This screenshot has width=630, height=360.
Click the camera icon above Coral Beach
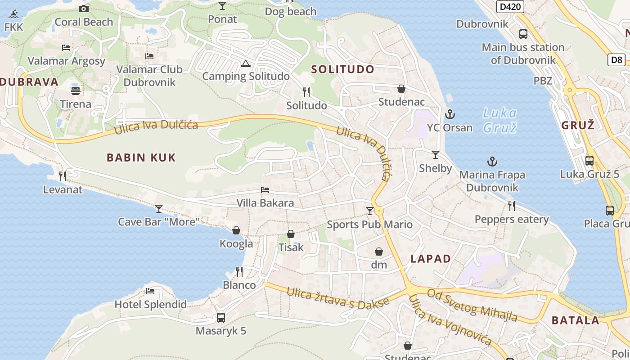(x=84, y=9)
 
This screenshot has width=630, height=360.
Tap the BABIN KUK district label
(x=141, y=157)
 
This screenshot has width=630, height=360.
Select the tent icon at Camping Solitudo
(x=245, y=63)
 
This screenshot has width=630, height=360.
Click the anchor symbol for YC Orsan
(x=450, y=114)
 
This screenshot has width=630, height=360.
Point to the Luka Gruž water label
(x=499, y=120)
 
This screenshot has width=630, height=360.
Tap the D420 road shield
(x=510, y=7)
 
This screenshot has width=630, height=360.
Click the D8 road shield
(x=616, y=59)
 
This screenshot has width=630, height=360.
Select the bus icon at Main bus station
(x=523, y=34)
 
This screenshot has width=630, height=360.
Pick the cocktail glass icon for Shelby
(x=436, y=155)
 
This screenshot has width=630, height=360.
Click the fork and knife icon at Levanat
(x=63, y=176)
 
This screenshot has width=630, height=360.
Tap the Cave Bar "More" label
(x=158, y=222)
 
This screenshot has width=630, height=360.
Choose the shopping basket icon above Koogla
(x=236, y=230)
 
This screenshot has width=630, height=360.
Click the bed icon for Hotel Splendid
(x=150, y=291)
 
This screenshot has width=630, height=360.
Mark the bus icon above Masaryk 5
(x=221, y=317)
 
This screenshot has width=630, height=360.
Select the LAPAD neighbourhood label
(x=431, y=259)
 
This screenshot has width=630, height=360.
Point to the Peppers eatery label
(x=512, y=220)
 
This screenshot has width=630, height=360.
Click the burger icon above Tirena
(x=76, y=90)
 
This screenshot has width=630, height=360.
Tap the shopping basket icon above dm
(x=379, y=252)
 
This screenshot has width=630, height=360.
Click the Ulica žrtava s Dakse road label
(x=337, y=298)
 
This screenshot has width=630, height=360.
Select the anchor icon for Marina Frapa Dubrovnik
(x=492, y=161)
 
